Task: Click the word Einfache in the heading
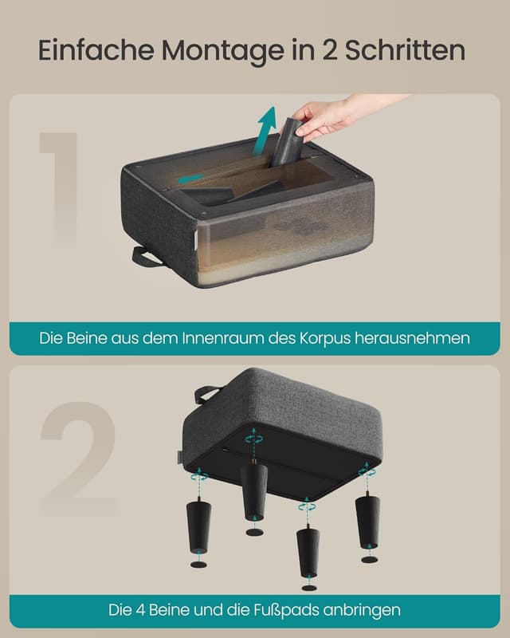[x=96, y=50]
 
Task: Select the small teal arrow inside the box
[x=190, y=179]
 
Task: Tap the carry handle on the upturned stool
[x=206, y=393]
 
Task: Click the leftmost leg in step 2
[x=198, y=527]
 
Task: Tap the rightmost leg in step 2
[x=367, y=519]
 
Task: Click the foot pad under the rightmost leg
[x=369, y=559]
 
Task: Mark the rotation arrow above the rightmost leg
[x=367, y=473]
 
